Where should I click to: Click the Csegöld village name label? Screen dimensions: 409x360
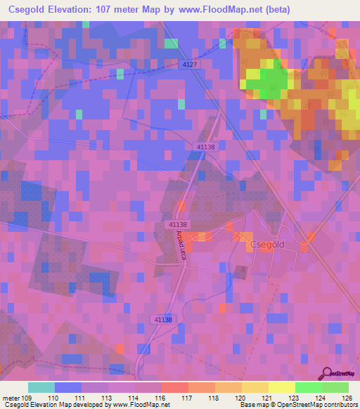(x=266, y=245)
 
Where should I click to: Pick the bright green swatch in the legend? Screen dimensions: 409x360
(x=309, y=387)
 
